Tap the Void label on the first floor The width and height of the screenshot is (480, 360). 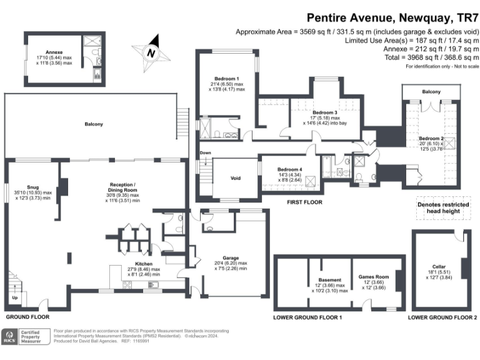click(236, 179)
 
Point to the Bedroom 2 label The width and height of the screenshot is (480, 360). click(431, 139)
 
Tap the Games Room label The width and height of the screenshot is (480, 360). click(373, 276)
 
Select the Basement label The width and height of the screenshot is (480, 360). click(329, 279)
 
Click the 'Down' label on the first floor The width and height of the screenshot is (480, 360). click(205, 153)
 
